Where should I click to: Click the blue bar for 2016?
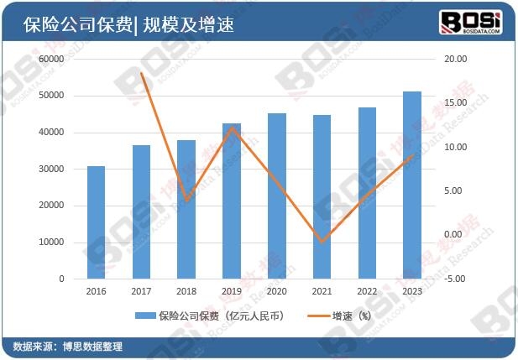tap(97, 222)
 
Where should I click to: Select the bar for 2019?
tap(232, 201)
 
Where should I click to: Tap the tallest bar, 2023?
tap(412, 185)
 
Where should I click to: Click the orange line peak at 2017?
tap(141, 73)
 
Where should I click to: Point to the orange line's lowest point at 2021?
tap(322, 242)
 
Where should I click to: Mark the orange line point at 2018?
tap(186, 200)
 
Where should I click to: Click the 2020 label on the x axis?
tap(277, 290)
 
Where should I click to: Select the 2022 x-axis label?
tap(367, 290)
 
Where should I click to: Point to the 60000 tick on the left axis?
tap(50, 60)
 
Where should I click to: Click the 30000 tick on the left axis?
tap(50, 170)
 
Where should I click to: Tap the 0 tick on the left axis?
tap(61, 279)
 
